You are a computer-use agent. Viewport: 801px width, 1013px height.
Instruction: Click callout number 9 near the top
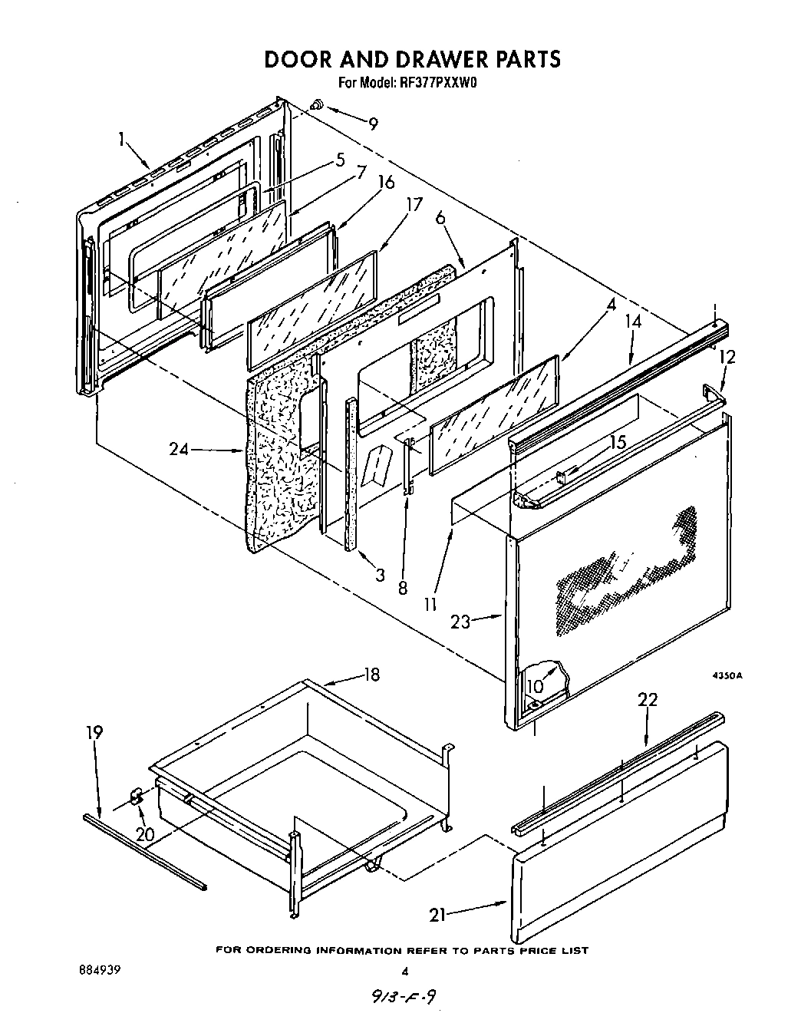373,124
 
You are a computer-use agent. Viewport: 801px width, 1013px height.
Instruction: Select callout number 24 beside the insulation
179,450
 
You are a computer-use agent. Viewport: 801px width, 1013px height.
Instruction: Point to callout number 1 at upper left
121,140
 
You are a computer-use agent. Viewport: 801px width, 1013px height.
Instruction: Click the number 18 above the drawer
371,675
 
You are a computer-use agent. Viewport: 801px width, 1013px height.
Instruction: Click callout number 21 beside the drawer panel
438,914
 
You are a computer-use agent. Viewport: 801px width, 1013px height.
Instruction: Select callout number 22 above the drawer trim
648,700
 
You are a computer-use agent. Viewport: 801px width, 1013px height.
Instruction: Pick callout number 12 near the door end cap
727,357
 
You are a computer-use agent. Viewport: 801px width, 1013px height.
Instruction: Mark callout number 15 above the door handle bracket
618,443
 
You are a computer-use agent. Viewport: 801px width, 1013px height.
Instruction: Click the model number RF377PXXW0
438,84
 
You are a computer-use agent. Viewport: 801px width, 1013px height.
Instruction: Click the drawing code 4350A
728,676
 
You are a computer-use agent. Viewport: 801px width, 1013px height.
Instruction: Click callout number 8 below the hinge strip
402,589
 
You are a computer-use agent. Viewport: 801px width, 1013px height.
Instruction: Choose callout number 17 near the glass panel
414,205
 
